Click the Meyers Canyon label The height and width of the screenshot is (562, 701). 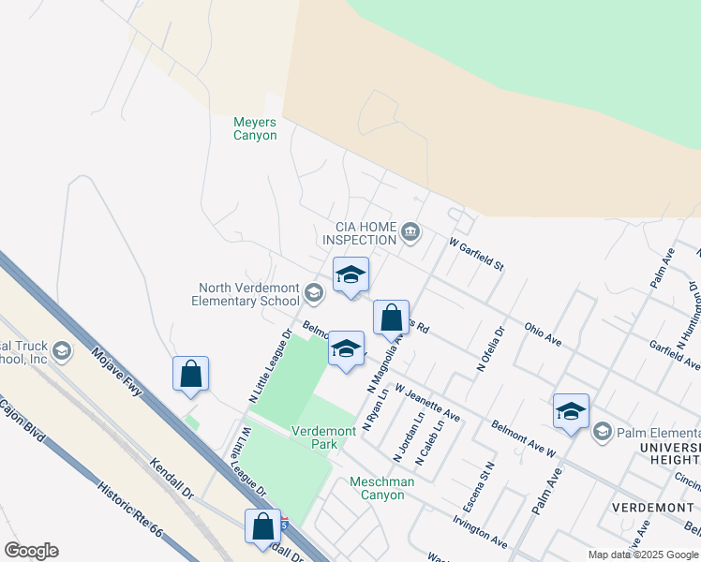coord(255,128)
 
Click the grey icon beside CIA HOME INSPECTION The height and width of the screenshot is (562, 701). coord(410,231)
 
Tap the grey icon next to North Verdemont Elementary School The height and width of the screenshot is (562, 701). coord(314,295)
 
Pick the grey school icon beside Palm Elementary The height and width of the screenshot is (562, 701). coord(602,431)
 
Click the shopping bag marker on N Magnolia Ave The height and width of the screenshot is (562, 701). coord(391,318)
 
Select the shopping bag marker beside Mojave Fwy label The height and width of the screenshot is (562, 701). coord(190,373)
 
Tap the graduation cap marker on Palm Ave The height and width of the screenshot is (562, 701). coord(571,411)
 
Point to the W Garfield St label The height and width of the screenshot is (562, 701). coord(476,254)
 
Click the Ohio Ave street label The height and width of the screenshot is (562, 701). coord(543,335)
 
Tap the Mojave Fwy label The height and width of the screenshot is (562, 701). coord(116,372)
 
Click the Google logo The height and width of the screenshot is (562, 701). coord(31,551)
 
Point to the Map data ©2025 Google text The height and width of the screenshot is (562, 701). coord(642,555)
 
